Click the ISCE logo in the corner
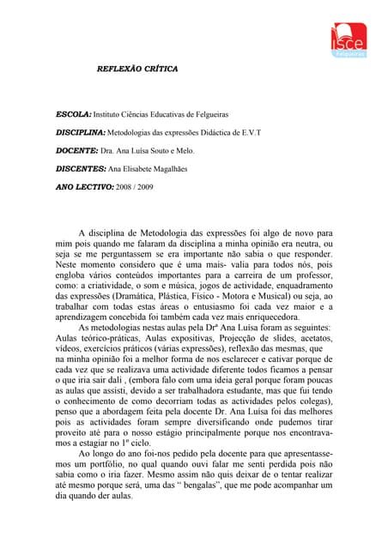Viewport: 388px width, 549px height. point(349,39)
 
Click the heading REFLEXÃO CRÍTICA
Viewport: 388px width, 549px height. point(136,68)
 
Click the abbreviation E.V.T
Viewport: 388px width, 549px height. point(248,133)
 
